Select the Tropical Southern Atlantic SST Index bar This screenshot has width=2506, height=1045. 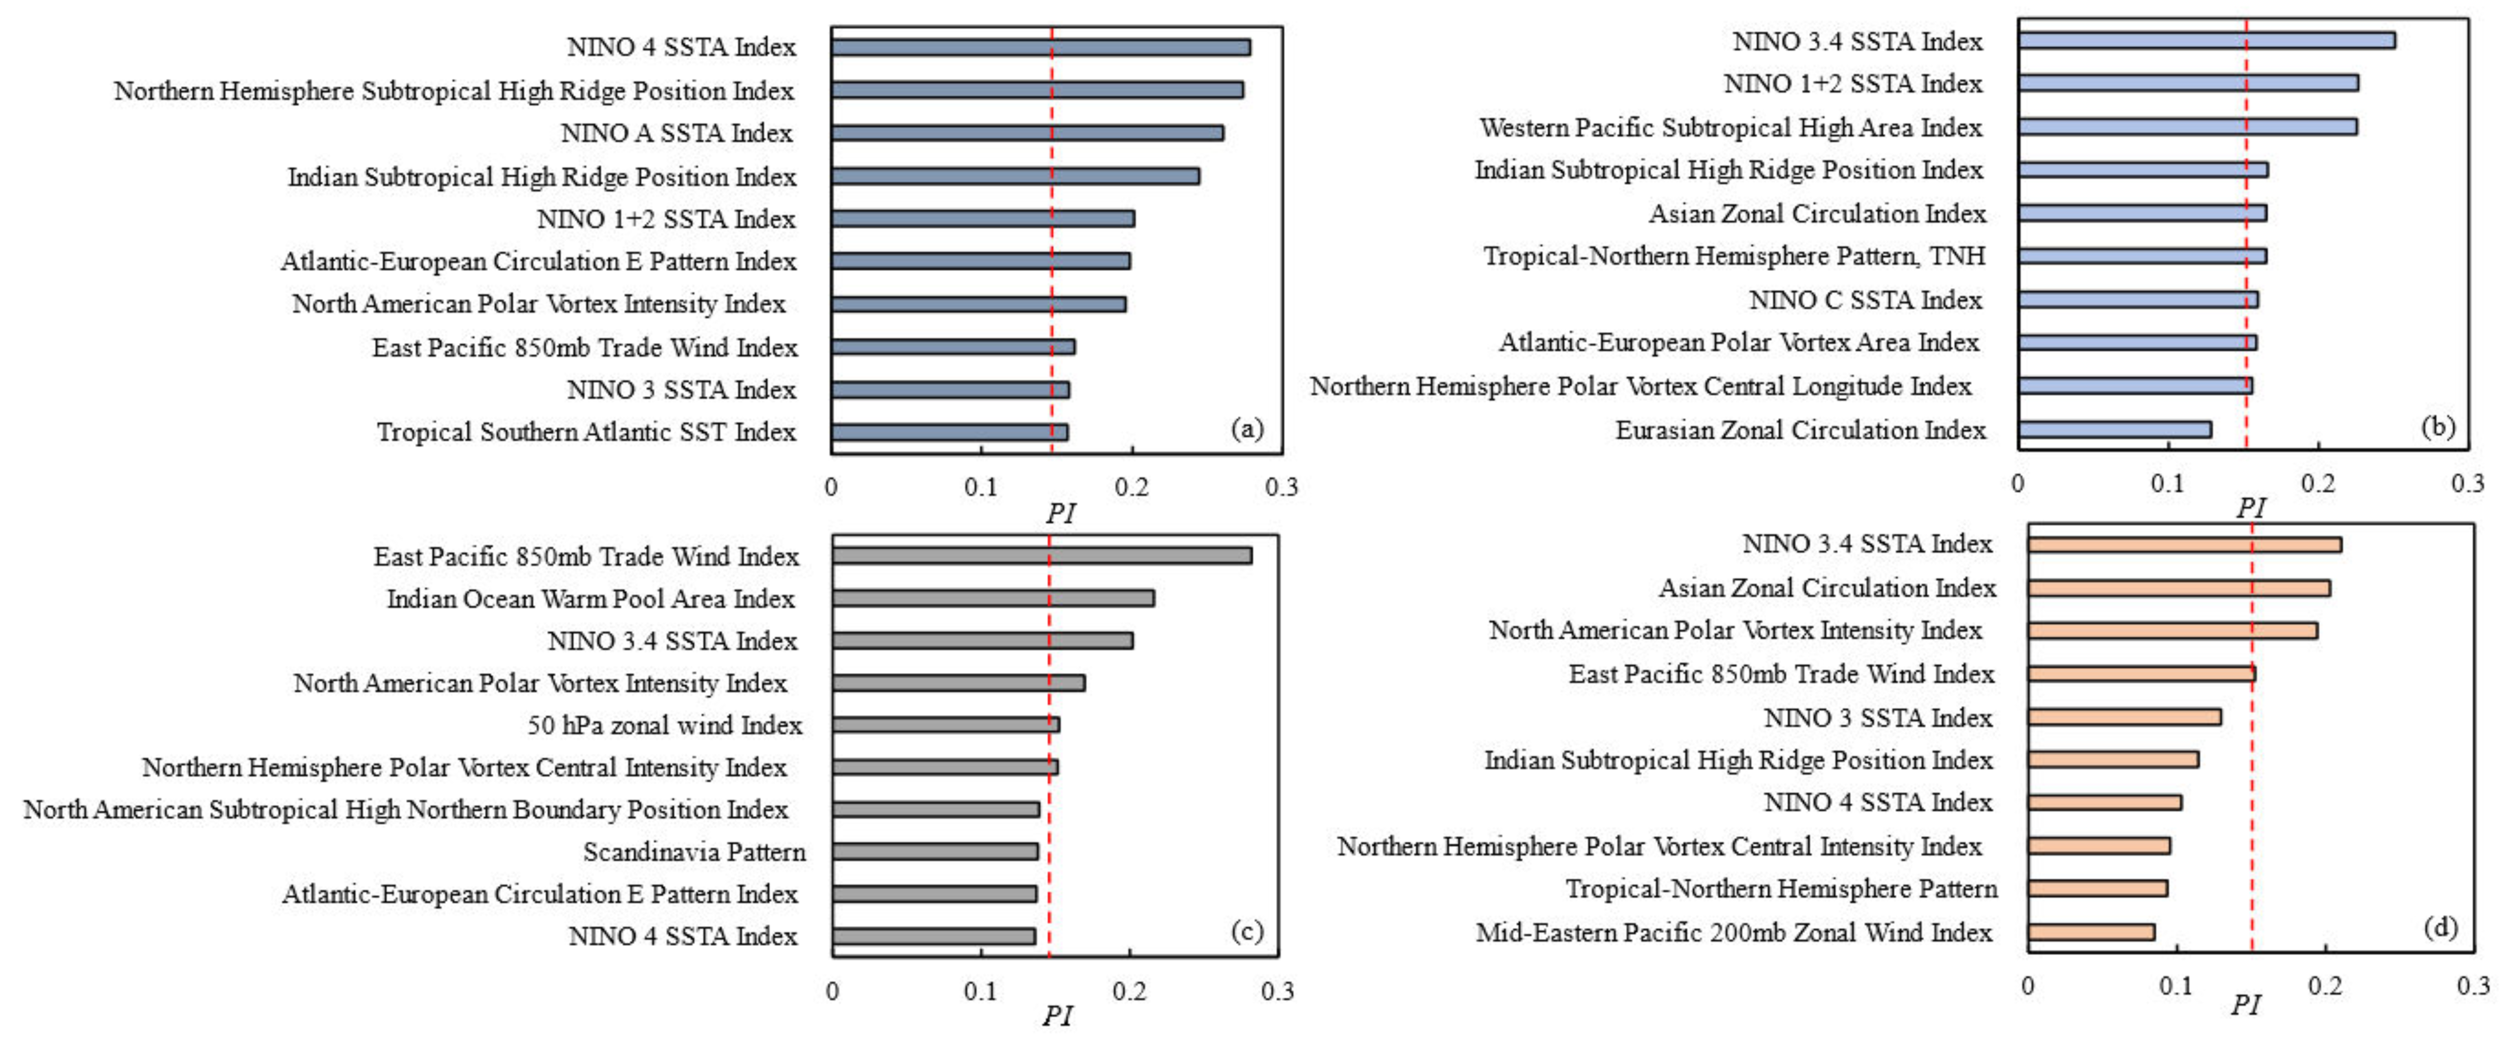949,432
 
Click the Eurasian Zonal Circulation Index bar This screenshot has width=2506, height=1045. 2114,429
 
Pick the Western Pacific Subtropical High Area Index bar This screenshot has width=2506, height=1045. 2187,127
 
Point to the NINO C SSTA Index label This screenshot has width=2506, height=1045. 1865,300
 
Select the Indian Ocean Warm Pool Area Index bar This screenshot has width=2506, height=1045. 992,597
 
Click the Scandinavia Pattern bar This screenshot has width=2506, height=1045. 935,851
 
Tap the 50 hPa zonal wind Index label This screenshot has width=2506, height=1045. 664,725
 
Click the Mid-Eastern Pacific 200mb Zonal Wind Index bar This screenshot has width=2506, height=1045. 2091,932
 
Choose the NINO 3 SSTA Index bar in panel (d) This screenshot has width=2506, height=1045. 2124,717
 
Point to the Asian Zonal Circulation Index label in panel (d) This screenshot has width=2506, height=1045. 1827,588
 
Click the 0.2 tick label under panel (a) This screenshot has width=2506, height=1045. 1131,486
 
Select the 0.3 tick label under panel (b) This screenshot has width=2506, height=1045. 2467,483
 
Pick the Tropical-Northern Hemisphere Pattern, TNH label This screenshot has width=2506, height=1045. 1734,256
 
